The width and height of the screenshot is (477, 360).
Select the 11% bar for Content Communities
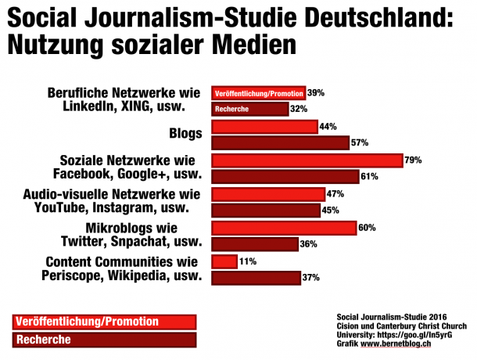(x=224, y=261)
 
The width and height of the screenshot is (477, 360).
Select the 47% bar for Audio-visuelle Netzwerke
(x=268, y=194)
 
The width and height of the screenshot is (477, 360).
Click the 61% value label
(x=370, y=177)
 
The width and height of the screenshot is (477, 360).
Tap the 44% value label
(x=328, y=127)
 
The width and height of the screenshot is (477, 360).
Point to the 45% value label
(x=331, y=211)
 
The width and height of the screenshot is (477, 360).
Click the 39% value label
(x=316, y=92)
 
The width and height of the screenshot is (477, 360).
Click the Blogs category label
(x=185, y=134)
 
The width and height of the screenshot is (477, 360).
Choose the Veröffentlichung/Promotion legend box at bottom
(x=104, y=322)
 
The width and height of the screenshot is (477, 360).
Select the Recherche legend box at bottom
(x=104, y=339)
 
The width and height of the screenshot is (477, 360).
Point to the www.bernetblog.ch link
(x=399, y=344)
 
